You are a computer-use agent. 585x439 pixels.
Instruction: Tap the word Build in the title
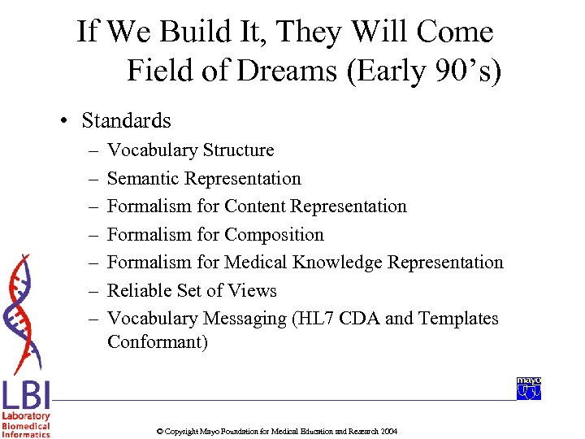(x=180, y=33)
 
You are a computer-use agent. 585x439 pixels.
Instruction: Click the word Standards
(x=126, y=121)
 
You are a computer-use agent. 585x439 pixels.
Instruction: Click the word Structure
(x=239, y=150)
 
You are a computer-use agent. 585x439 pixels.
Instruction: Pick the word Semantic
(x=143, y=179)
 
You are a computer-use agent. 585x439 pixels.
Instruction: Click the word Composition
(x=274, y=235)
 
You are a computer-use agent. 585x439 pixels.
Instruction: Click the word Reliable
(x=138, y=291)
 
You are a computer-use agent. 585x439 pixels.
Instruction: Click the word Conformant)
(x=158, y=342)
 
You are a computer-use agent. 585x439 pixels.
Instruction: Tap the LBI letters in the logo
(x=26, y=396)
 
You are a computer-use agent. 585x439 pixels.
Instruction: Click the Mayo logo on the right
(x=529, y=389)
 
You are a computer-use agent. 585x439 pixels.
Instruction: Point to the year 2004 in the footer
(x=388, y=431)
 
